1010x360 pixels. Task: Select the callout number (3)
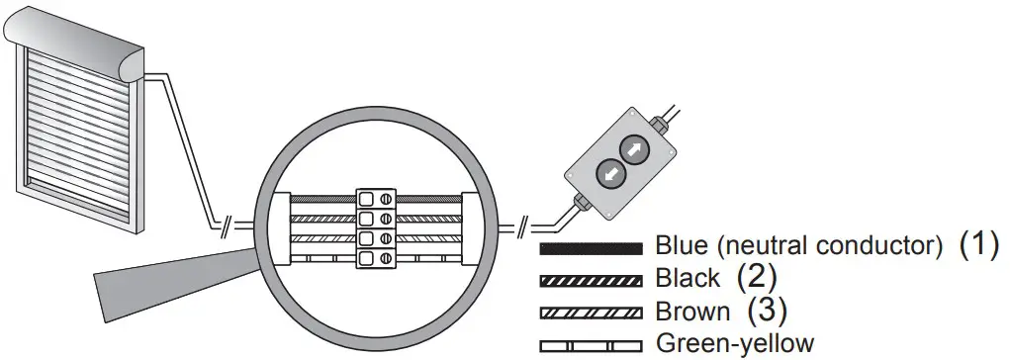766,311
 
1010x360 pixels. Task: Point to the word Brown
692,312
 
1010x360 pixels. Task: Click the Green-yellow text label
735,344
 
